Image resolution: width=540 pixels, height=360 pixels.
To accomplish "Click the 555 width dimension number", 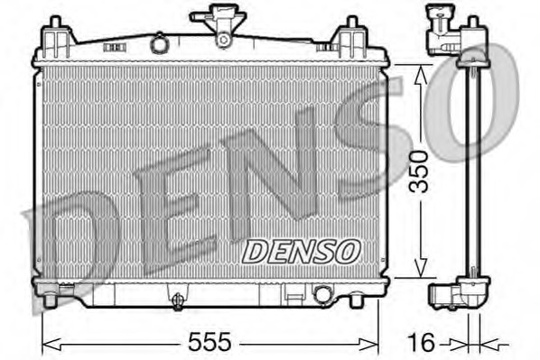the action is click(209, 342).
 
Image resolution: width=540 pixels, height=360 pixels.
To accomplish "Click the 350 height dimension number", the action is click(418, 171).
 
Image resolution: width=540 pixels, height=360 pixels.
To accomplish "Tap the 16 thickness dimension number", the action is click(421, 343).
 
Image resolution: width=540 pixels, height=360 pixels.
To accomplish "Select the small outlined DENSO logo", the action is click(302, 252).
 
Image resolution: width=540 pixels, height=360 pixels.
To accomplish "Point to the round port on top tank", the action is click(159, 43).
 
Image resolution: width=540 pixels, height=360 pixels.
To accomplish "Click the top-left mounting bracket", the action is click(57, 37).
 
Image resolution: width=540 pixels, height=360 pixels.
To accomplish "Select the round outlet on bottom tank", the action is click(322, 295).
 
